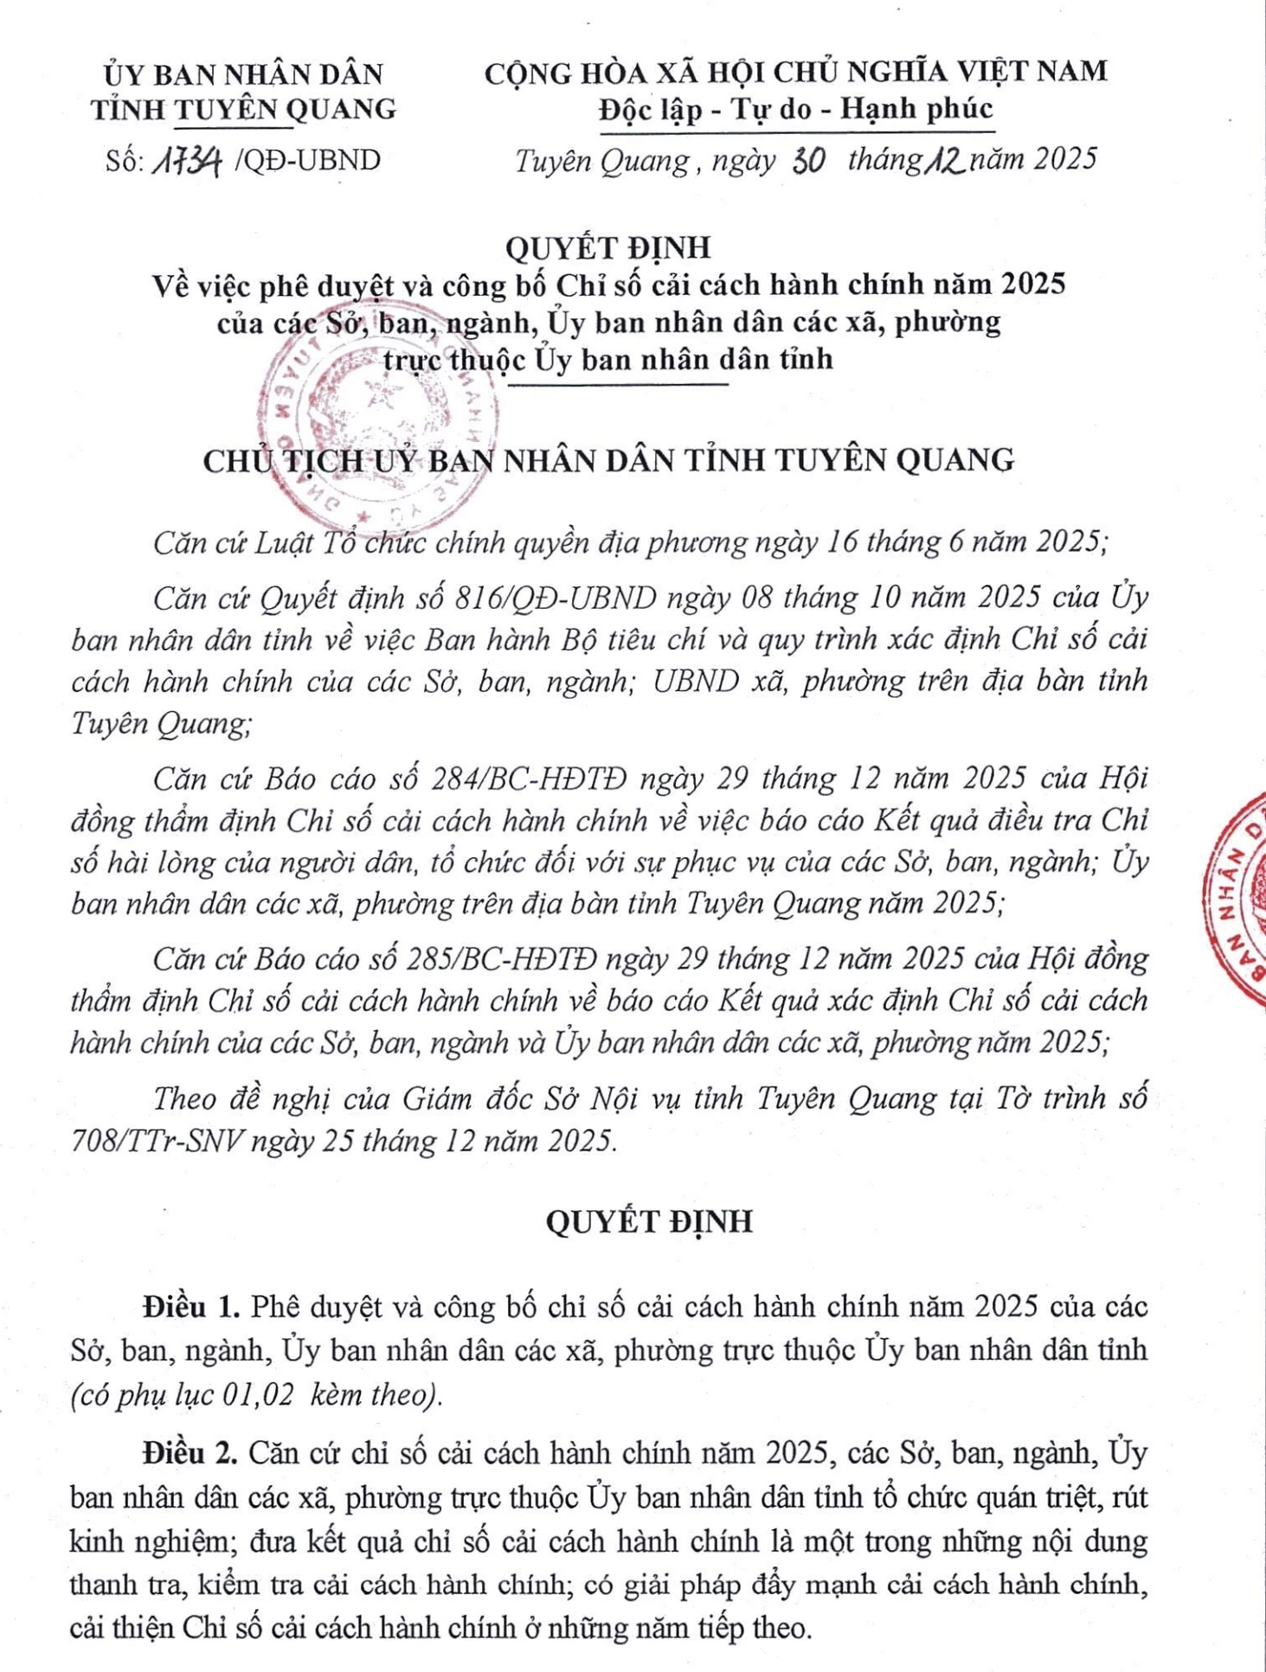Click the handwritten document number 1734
(186, 161)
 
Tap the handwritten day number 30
(807, 161)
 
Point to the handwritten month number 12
(944, 160)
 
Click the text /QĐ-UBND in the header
(308, 161)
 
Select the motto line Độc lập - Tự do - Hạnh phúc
(795, 110)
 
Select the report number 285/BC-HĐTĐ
(501, 959)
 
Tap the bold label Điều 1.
(191, 1306)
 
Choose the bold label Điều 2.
(190, 1452)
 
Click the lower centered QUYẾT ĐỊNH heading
(649, 1221)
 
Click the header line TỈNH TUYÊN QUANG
(244, 110)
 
